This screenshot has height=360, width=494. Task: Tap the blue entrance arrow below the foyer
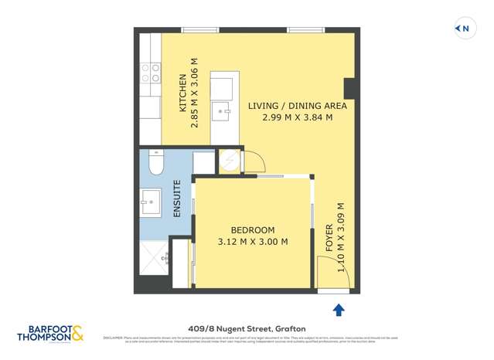coord(338,310)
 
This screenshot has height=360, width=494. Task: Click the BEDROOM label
coord(253,230)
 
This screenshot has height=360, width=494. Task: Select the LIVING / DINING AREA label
coord(297,106)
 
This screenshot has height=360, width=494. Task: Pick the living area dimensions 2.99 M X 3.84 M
coord(297,118)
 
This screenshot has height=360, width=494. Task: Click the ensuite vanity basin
coord(151,202)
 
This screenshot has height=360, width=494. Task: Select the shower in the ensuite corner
coord(154,256)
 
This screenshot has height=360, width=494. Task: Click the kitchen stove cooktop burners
coord(150,73)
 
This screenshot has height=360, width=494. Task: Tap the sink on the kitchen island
coord(225,112)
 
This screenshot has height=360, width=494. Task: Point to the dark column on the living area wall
coord(349,88)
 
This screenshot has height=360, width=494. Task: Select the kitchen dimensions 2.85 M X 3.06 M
coord(196,92)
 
